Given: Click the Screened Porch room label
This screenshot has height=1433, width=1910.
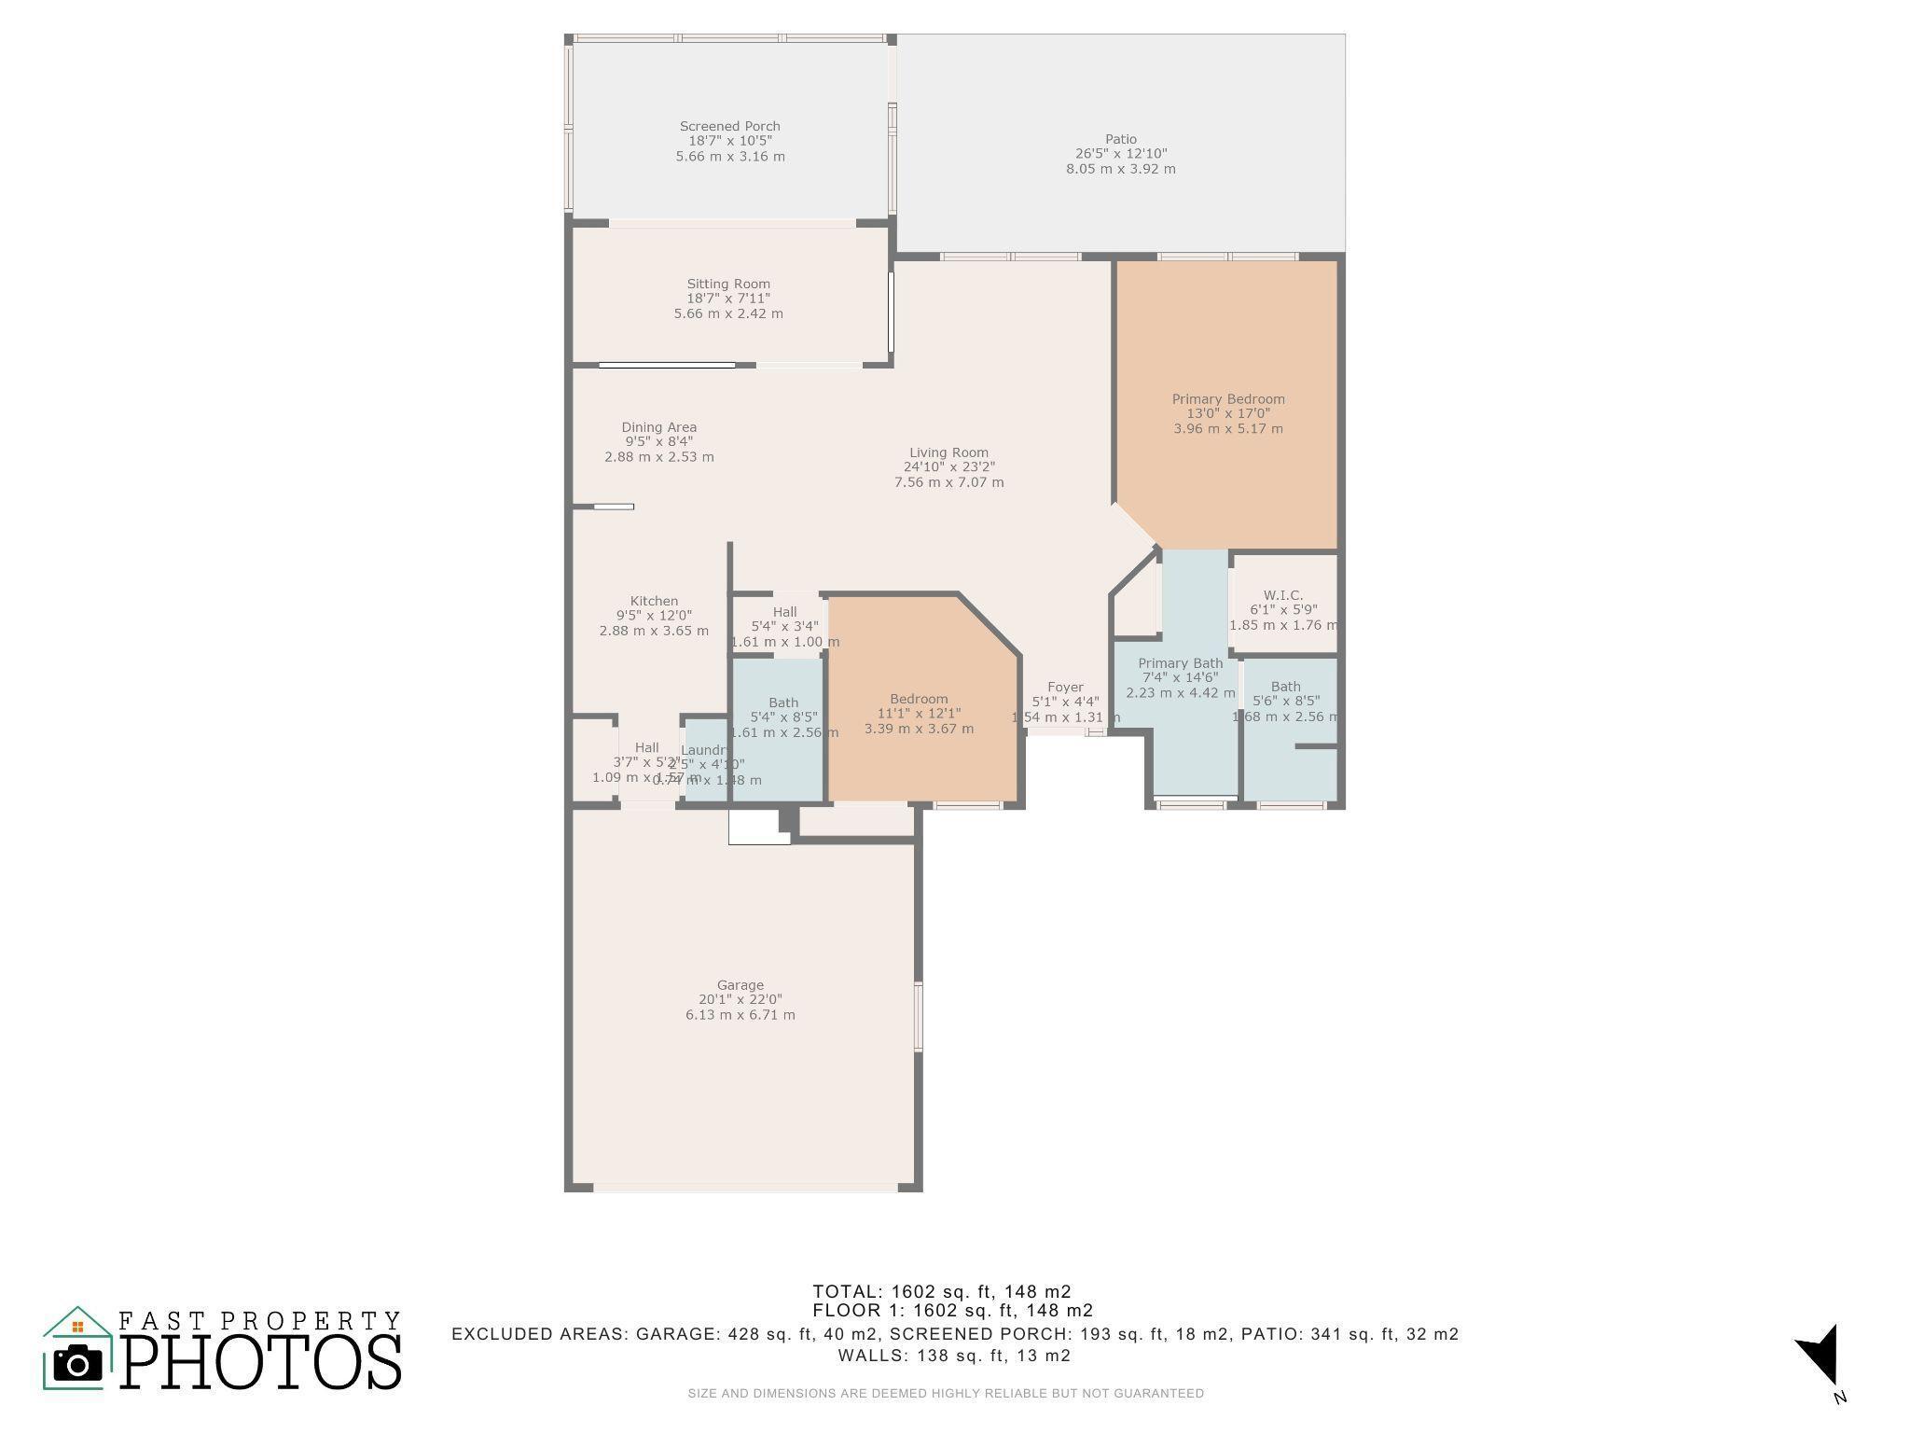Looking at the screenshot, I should point(729,126).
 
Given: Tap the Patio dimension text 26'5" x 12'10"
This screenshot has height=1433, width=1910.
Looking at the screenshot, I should point(1121,154).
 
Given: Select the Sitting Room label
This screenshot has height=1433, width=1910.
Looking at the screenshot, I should point(728,284).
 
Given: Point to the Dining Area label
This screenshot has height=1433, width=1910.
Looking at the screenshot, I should point(658,427).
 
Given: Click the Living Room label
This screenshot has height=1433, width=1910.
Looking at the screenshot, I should point(948,452).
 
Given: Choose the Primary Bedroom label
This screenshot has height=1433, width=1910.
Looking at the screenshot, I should point(1227,398).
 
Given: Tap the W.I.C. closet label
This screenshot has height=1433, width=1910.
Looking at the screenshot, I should point(1283,594).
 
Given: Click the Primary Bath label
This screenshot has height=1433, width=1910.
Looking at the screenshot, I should point(1180,663).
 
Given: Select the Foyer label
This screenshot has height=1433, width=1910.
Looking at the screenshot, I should point(1065,687).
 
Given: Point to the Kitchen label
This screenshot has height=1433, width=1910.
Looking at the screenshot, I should point(654,601).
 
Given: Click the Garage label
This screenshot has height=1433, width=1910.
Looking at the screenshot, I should point(740,984).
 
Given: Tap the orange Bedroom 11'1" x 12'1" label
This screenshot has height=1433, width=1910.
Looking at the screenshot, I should point(919,699).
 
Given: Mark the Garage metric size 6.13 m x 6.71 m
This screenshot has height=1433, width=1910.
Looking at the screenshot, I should point(740,1015).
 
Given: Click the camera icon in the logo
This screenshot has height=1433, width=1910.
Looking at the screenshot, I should point(77,1364).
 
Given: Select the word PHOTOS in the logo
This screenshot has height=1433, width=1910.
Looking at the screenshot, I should point(261,1363).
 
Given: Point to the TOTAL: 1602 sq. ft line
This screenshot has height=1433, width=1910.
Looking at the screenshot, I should point(941,1291).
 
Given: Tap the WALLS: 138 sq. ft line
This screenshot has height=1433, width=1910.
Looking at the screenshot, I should point(953,1356).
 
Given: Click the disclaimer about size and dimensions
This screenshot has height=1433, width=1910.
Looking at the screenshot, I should point(946,1394).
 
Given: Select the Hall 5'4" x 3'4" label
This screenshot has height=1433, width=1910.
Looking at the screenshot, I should point(784,612).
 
